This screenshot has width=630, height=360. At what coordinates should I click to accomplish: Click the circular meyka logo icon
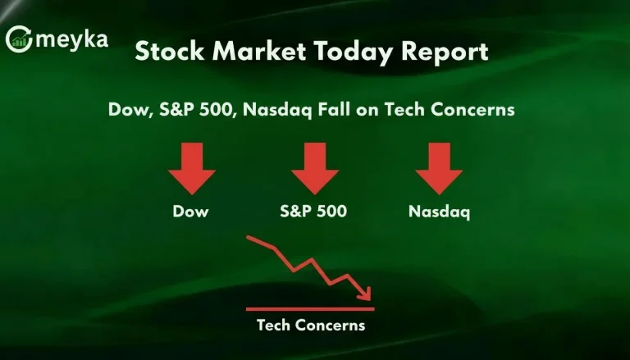[x=19, y=39]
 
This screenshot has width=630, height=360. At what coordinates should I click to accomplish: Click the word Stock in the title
[x=165, y=52]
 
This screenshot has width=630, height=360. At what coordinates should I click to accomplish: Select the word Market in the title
[x=247, y=52]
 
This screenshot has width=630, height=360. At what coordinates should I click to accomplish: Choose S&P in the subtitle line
[x=176, y=109]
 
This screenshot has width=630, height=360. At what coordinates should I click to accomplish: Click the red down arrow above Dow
[x=191, y=168]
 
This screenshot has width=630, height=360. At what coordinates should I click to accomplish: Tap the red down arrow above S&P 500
[x=314, y=168]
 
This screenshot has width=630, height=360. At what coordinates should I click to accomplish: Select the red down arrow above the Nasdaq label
[x=439, y=168]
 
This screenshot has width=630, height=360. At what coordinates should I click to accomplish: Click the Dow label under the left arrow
[x=191, y=212]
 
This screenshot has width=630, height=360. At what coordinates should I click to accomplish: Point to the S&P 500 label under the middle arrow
[x=313, y=212]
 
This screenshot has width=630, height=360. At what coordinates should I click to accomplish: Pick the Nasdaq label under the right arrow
[x=439, y=212]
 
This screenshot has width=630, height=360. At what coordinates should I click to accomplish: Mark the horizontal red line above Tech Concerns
[x=310, y=309]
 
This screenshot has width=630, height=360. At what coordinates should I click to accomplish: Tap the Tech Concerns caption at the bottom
[x=310, y=326]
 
